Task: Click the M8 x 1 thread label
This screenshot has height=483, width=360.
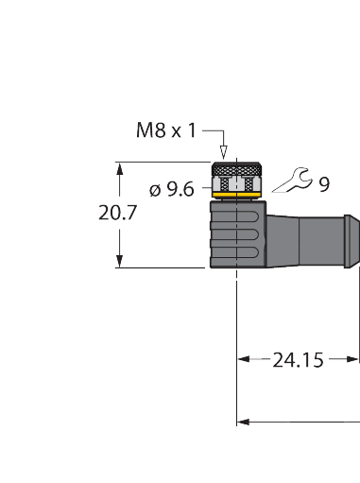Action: [x=166, y=130]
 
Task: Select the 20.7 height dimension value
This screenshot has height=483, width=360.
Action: [x=118, y=214]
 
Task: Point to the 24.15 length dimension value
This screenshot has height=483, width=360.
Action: [x=298, y=359]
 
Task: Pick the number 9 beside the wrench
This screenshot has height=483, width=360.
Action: [x=323, y=184]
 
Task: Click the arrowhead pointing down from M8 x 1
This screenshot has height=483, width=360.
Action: [x=224, y=151]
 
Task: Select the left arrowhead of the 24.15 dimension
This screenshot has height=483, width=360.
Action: [x=242, y=359]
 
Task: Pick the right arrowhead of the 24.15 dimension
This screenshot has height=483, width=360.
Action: [x=354, y=359]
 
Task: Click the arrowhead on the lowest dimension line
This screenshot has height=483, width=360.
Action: [x=242, y=420]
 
